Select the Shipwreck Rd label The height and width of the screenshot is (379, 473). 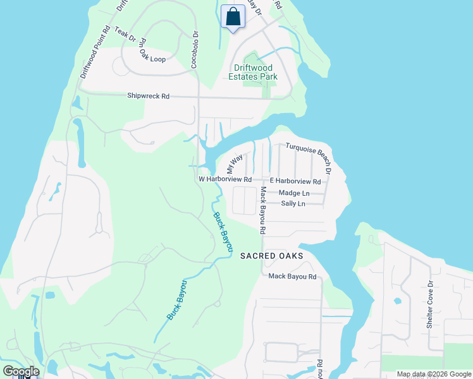pyautogui.click(x=149, y=96)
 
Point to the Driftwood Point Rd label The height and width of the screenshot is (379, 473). pyautogui.click(x=95, y=52)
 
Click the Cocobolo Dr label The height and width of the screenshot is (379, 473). pyautogui.click(x=195, y=50)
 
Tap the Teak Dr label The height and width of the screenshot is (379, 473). pyautogui.click(x=125, y=35)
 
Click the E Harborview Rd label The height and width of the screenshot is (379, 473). pyautogui.click(x=295, y=181)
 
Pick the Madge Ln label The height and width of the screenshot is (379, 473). pyautogui.click(x=294, y=193)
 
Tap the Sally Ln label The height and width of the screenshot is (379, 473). pyautogui.click(x=293, y=203)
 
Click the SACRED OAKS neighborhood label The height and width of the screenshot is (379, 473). pyautogui.click(x=271, y=255)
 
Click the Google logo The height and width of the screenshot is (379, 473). pyautogui.click(x=21, y=371)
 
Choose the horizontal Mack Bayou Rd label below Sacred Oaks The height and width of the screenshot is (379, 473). pyautogui.click(x=292, y=276)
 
